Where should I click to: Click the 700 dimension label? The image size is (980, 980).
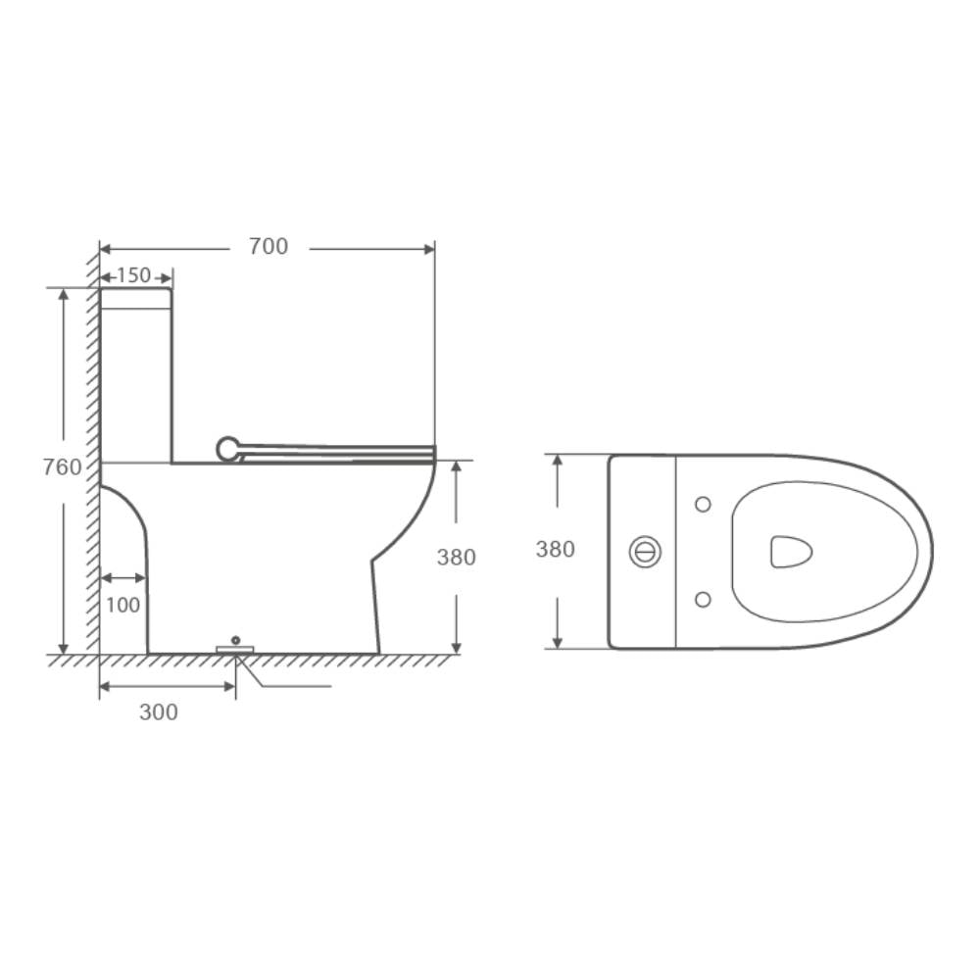point(269,247)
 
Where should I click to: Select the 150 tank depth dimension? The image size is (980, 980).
point(134,275)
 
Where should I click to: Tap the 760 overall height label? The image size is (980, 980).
point(63,467)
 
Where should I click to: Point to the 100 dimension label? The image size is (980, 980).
point(122,605)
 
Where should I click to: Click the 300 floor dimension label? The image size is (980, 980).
point(159,712)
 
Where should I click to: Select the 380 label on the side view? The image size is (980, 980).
point(456,557)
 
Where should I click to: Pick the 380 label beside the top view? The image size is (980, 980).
point(555,550)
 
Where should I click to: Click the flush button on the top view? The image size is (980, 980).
point(645,552)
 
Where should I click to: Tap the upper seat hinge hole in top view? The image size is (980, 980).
point(702,504)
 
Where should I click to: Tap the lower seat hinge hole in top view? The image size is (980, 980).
point(702,598)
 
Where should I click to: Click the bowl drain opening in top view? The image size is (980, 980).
point(791,551)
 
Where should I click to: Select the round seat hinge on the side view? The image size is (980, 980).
point(227,449)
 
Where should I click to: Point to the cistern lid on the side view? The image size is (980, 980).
point(136,298)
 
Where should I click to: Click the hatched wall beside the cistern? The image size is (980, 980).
point(92,372)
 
